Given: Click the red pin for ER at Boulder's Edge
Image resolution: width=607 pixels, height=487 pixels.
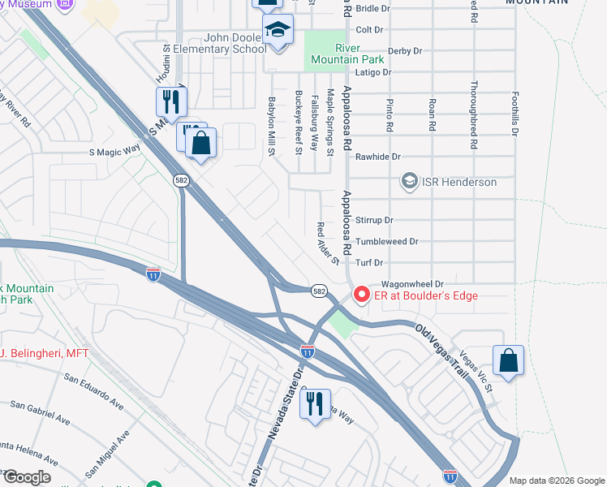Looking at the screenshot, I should [x=359, y=294].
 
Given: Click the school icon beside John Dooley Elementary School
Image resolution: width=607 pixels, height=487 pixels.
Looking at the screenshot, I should [x=278, y=31].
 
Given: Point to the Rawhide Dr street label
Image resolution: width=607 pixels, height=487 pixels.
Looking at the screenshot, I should [x=379, y=157].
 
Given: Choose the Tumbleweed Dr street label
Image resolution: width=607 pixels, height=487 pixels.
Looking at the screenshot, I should [x=386, y=242].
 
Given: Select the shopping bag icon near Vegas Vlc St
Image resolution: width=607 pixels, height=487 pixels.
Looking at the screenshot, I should [x=508, y=361].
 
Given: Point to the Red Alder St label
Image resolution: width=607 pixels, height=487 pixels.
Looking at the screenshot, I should [x=327, y=243].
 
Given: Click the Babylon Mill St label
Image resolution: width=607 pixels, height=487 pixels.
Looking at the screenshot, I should [x=273, y=127].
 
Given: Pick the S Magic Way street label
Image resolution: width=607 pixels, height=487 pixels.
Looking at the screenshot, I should [x=114, y=151].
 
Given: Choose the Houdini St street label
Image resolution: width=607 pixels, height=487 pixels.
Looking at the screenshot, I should [x=162, y=62].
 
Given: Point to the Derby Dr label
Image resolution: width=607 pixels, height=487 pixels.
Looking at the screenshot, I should [x=406, y=51].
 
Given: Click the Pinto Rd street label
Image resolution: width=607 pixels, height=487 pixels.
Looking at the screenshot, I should [x=390, y=115].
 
